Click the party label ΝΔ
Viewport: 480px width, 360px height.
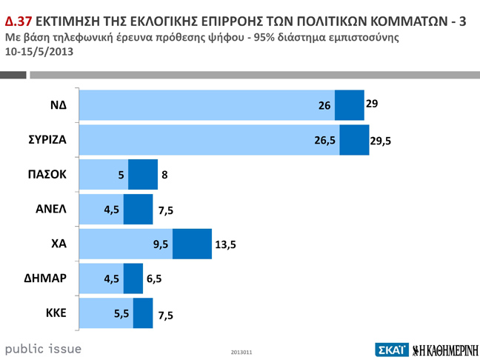[x=58, y=105]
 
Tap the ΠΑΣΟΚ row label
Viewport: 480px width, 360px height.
[x=47, y=175]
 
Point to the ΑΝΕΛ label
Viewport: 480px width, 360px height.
[x=51, y=209]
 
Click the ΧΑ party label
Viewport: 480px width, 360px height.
[x=58, y=244]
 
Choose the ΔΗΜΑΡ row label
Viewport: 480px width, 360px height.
[x=47, y=279]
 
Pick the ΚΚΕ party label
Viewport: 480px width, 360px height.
[x=56, y=313]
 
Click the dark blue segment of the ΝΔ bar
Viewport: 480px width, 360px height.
[x=349, y=105]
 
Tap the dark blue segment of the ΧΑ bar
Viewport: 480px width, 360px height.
[x=192, y=244]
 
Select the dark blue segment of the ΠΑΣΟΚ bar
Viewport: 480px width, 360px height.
[x=143, y=175]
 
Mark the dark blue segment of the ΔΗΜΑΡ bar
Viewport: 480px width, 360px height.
[x=133, y=279]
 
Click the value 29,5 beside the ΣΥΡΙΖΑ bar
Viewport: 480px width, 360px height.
[x=381, y=141]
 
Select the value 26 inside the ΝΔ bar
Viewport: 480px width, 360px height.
[x=324, y=106]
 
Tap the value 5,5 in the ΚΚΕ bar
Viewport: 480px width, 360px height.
[x=121, y=313]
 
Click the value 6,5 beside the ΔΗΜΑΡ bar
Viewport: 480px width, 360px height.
[x=154, y=279]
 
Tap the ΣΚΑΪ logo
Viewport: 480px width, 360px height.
[x=392, y=349]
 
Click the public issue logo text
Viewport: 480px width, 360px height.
[x=43, y=348]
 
